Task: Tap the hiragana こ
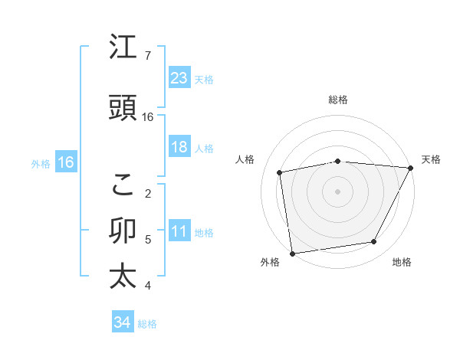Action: [x=123, y=184]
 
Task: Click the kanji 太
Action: [x=123, y=277]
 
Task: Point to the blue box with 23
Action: [x=179, y=77]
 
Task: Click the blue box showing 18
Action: [x=179, y=147]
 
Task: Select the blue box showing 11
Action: [x=179, y=231]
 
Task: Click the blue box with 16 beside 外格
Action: [x=65, y=162]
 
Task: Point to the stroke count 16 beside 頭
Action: [x=148, y=117]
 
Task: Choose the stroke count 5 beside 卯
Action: [x=148, y=240]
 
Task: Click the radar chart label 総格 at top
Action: [x=338, y=100]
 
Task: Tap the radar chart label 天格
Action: [x=431, y=159]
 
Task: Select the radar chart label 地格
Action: [x=401, y=262]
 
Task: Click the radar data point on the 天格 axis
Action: [x=411, y=168]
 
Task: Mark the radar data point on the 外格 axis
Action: [x=292, y=253]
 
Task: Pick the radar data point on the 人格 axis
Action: [x=281, y=172]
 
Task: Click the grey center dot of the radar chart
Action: [x=337, y=191]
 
